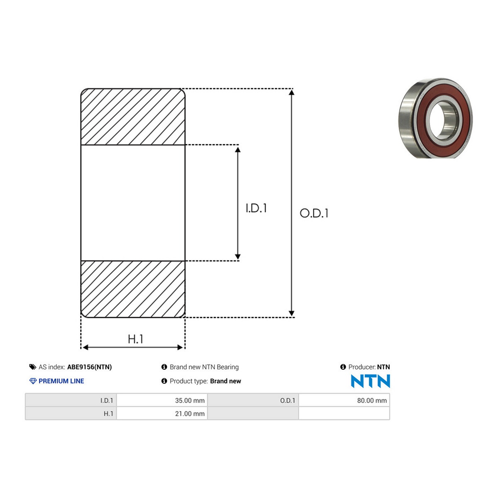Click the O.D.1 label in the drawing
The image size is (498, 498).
(314, 213)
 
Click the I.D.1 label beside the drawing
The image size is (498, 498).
(256, 208)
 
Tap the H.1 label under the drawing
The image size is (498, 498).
(135, 339)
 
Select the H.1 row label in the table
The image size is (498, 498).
(108, 413)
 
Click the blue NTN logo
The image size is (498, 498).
(370, 381)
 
